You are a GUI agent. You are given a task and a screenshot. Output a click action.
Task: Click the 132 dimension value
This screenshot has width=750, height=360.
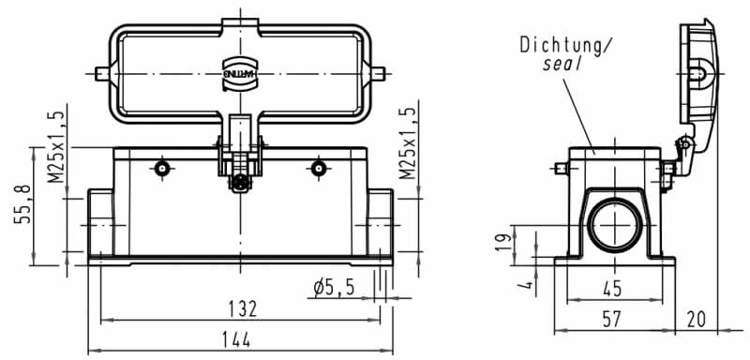tap(243, 309)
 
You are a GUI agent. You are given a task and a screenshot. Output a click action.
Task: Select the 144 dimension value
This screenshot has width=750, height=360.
tap(236, 340)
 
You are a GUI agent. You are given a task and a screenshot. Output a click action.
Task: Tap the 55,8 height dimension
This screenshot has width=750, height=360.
tap(22, 203)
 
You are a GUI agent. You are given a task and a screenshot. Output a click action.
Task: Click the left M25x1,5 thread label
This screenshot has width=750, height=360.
tap(56, 146)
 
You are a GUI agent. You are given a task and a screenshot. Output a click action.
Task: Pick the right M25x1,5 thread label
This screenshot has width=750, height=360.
tap(408, 143)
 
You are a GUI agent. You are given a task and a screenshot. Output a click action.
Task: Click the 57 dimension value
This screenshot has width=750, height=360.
tap(612, 320)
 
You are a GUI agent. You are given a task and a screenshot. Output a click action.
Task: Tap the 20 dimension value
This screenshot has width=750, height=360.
tap(696, 320)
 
